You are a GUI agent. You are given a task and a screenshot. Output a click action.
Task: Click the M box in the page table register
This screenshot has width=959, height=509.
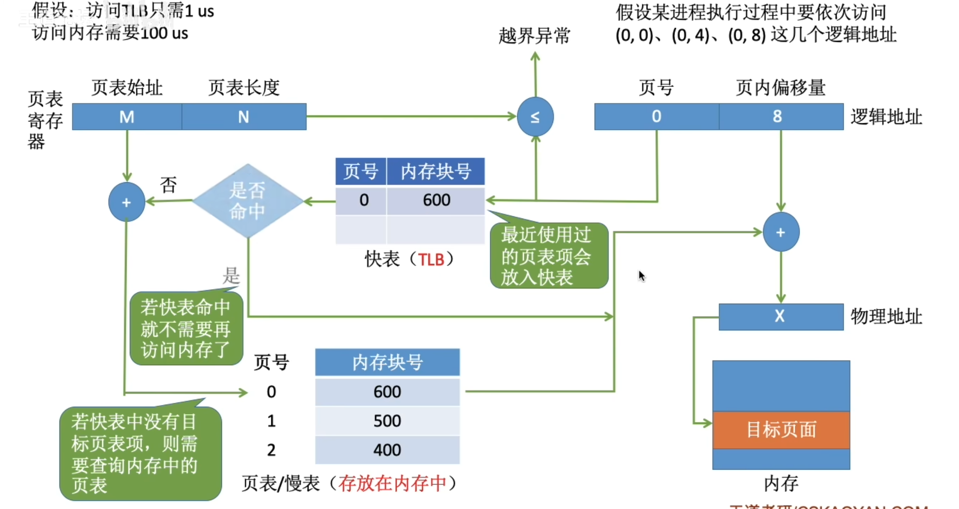click(x=127, y=117)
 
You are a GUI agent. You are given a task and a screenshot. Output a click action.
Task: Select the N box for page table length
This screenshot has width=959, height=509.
click(x=244, y=117)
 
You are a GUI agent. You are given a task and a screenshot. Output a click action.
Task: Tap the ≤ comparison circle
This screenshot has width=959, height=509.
click(x=535, y=117)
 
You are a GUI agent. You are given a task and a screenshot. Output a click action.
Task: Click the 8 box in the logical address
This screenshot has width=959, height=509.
click(x=781, y=117)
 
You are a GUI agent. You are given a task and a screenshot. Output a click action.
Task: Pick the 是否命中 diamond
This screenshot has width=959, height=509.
click(x=247, y=201)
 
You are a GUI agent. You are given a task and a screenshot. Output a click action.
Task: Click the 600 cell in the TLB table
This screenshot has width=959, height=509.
click(x=436, y=200)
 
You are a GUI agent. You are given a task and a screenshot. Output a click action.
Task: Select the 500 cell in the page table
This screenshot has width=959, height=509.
click(x=387, y=421)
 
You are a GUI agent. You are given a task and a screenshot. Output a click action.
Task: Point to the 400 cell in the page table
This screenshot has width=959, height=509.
click(x=387, y=450)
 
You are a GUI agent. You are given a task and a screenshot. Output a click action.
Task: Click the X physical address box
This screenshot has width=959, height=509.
click(x=781, y=316)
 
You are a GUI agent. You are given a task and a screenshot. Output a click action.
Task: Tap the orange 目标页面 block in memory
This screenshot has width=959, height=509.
click(x=781, y=430)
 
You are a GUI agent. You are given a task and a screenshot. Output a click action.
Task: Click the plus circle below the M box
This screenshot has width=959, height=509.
click(x=127, y=202)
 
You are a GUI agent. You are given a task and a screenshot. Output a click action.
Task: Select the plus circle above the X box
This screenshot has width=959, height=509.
click(x=781, y=232)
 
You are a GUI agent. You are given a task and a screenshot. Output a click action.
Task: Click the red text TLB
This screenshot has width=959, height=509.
click(x=431, y=260)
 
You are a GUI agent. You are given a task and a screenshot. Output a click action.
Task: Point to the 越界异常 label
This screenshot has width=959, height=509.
click(x=534, y=36)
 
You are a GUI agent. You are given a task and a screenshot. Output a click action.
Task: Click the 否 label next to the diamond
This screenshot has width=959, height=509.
click(x=168, y=185)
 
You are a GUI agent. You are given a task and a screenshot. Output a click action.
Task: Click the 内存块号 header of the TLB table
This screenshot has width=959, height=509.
click(x=436, y=171)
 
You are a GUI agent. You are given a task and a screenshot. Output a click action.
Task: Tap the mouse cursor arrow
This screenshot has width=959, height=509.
click(x=641, y=276)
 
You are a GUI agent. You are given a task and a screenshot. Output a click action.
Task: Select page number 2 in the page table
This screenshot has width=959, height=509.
click(x=271, y=450)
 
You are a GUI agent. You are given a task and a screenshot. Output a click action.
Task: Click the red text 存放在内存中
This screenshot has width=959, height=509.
click(x=392, y=484)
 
